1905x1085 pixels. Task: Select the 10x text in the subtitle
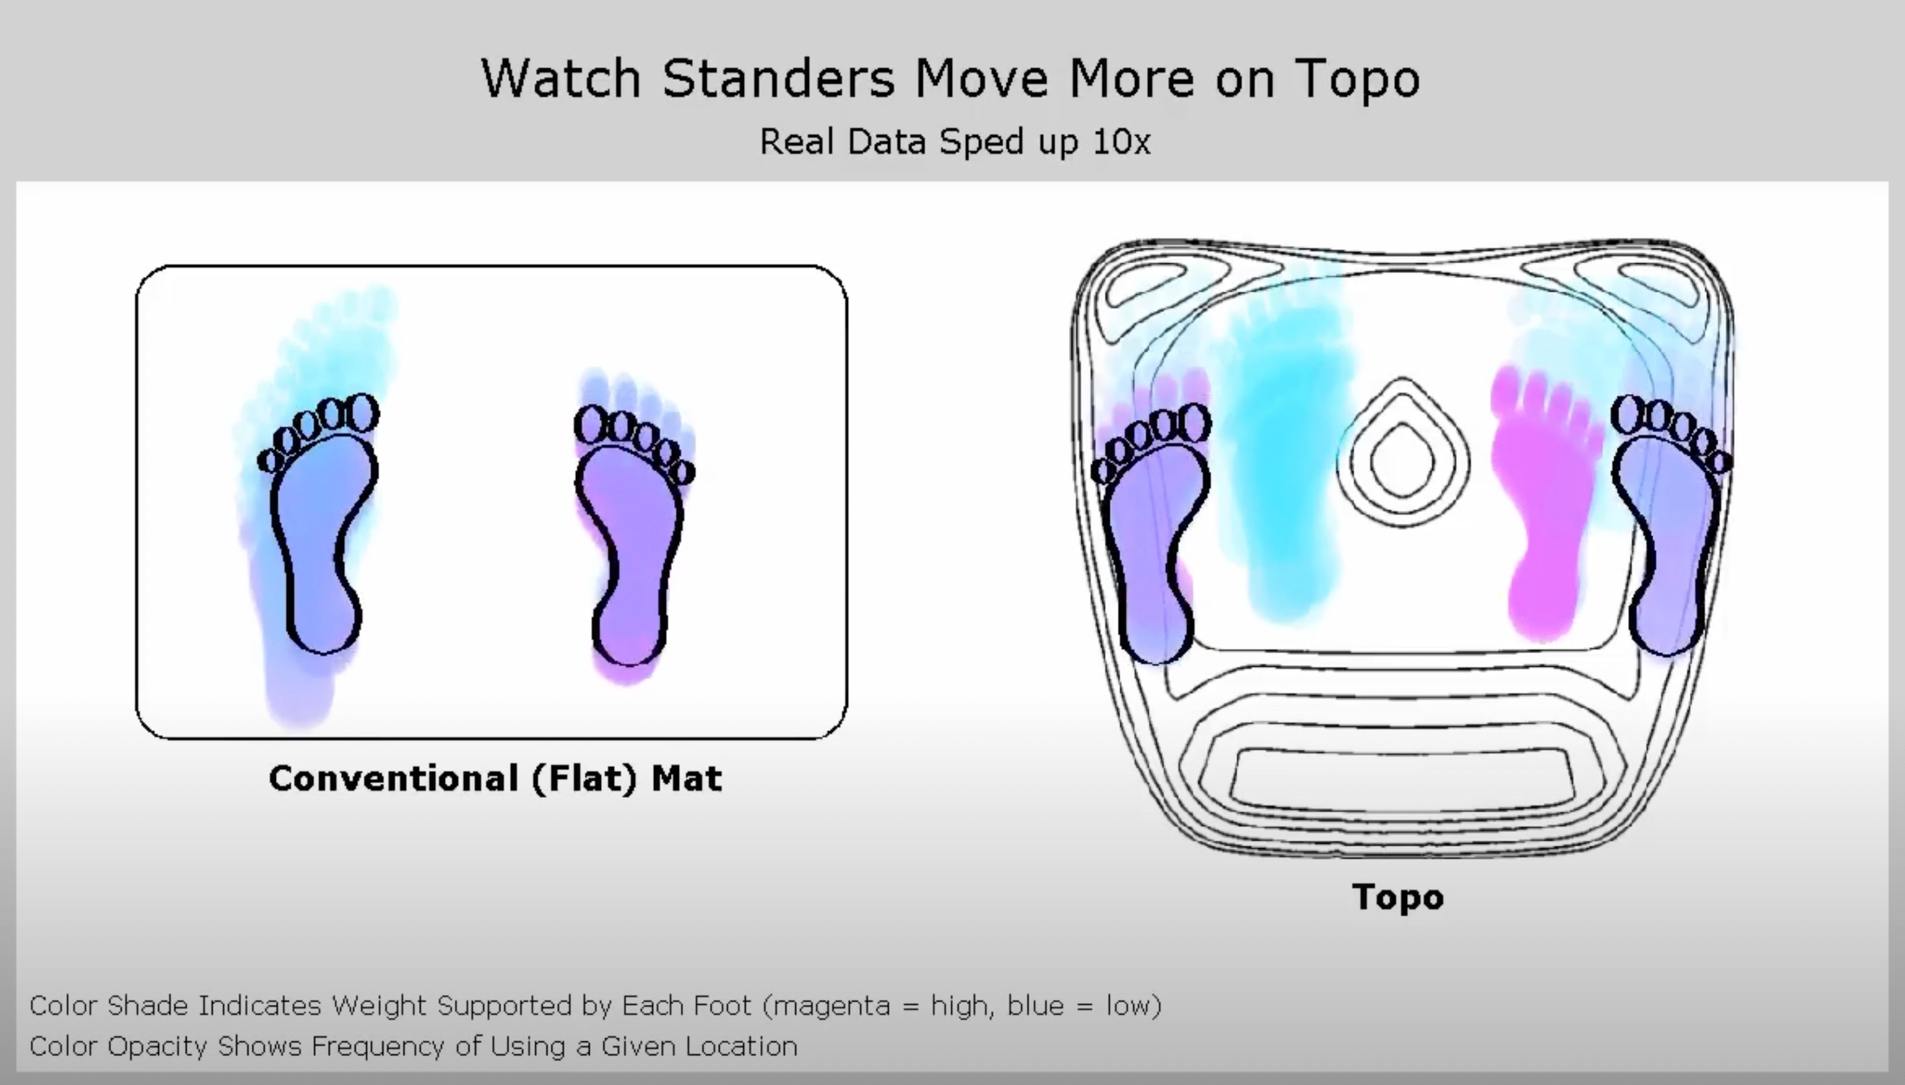tap(1122, 142)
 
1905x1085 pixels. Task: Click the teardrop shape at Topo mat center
tap(1402, 454)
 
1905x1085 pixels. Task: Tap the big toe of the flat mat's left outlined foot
tap(363, 412)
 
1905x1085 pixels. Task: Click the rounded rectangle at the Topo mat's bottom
tap(1402, 779)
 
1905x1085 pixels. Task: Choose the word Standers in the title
tap(779, 77)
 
